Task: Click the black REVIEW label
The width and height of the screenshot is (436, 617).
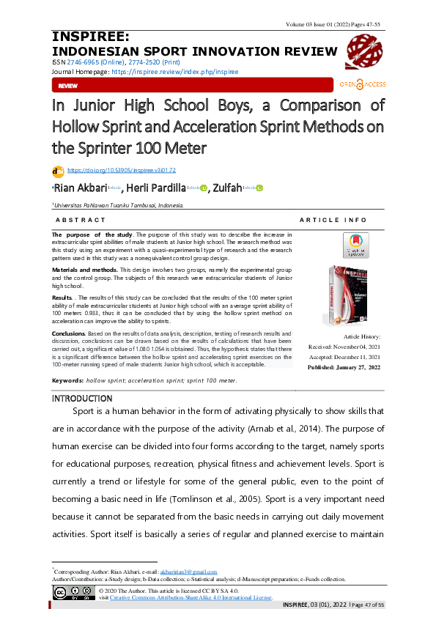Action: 67,86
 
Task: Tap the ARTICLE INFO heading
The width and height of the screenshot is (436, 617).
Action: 333,220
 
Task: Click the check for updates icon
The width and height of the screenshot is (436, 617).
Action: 355,245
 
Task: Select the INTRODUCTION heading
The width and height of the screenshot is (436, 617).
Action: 81,398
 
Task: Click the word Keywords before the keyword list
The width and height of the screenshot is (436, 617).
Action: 67,381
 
